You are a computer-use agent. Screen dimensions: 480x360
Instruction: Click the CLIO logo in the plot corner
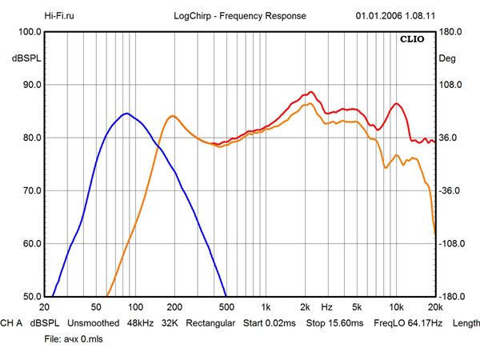(x=412, y=39)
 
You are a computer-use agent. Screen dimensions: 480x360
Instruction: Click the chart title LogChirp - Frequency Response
(x=240, y=16)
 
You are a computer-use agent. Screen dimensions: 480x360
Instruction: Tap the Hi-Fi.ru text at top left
(x=59, y=16)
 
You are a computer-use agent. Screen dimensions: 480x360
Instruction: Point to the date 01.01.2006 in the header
(x=378, y=16)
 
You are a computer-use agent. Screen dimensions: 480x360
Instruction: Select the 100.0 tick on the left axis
(x=30, y=32)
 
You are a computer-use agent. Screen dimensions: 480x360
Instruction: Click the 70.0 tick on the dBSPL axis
(x=32, y=190)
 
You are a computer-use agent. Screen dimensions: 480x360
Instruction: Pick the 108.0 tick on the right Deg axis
(x=450, y=85)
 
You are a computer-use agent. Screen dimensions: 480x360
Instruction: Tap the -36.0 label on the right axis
(x=450, y=190)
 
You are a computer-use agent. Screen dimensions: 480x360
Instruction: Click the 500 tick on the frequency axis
(x=226, y=307)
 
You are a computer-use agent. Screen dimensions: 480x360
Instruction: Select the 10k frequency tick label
(x=396, y=307)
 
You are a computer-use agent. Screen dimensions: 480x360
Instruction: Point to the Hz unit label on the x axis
(x=326, y=307)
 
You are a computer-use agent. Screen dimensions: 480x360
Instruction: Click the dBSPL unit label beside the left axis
(x=26, y=58)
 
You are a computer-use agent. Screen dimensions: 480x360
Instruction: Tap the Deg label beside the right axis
(x=447, y=58)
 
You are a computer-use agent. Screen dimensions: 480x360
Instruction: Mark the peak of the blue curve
(x=126, y=114)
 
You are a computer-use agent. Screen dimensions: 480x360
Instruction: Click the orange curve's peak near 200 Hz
(x=172, y=116)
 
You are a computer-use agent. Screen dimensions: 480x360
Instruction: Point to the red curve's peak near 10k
(x=397, y=104)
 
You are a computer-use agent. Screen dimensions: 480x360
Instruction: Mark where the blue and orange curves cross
(x=158, y=147)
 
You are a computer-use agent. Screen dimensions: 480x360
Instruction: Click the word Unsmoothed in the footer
(x=94, y=323)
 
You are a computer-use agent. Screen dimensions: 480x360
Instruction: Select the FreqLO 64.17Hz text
(x=408, y=323)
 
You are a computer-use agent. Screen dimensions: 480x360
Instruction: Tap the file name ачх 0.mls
(x=83, y=339)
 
